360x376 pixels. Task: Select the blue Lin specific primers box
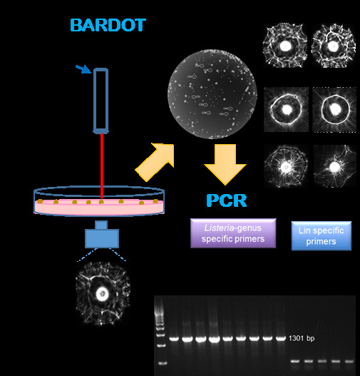pyautogui.click(x=322, y=235)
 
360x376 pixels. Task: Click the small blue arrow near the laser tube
pyautogui.click(x=84, y=69)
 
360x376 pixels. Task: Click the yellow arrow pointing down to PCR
pyautogui.click(x=225, y=161)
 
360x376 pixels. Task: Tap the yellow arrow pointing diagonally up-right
pyautogui.click(x=155, y=161)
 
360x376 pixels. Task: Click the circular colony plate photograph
pyautogui.click(x=208, y=91)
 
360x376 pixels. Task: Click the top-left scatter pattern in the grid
pyautogui.click(x=286, y=45)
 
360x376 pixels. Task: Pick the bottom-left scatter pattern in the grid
pyautogui.click(x=285, y=168)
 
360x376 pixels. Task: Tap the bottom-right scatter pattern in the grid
pyautogui.click(x=331, y=168)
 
